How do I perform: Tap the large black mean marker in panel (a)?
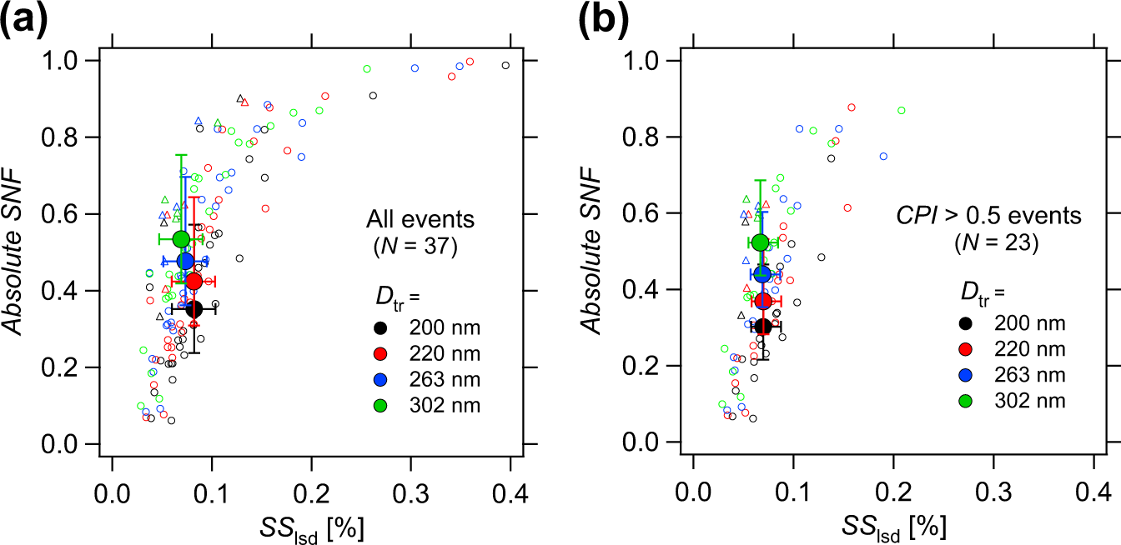194,309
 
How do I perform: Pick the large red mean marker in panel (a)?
194,281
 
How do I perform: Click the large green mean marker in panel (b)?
760,242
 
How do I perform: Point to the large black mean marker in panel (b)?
762,327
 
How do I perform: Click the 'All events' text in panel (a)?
420,220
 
